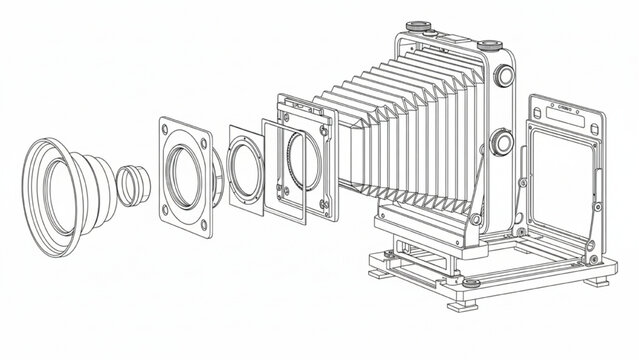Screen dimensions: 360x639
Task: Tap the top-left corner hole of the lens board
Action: coord(169,128)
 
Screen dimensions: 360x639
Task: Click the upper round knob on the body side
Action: coord(502,78)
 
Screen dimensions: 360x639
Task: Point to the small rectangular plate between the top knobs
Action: coord(447,36)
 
